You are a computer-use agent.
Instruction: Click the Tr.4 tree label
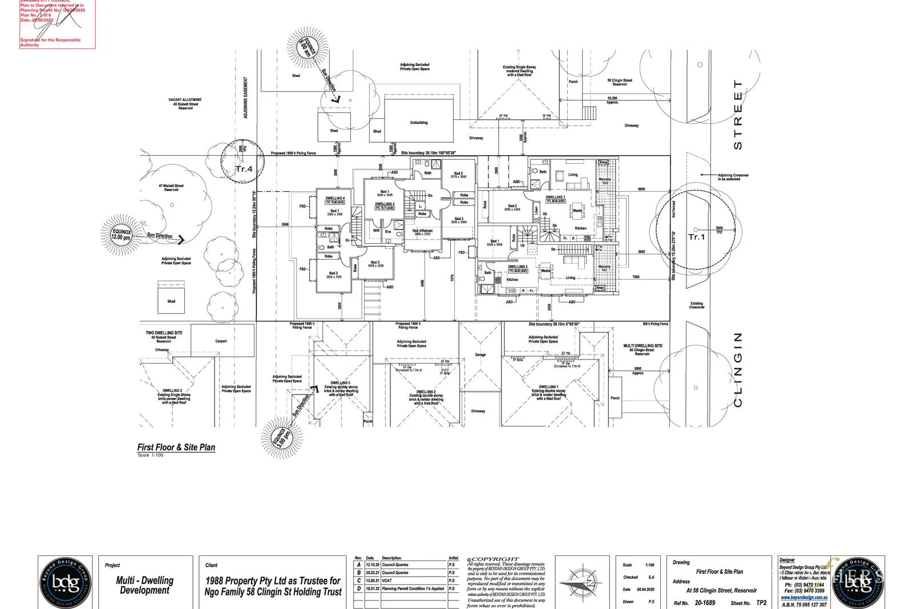pyautogui.click(x=244, y=169)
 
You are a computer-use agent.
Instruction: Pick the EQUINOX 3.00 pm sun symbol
pyautogui.click(x=281, y=438)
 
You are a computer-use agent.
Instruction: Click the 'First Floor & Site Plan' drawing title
pyautogui.click(x=176, y=447)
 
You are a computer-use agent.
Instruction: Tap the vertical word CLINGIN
pyautogui.click(x=737, y=369)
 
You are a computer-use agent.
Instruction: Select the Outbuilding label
pyautogui.click(x=418, y=123)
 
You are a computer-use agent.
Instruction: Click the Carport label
pyautogui.click(x=221, y=341)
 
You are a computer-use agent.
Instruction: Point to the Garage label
pyautogui.click(x=480, y=354)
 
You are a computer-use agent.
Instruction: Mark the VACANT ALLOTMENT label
pyautogui.click(x=185, y=100)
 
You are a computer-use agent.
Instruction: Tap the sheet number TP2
pyautogui.click(x=761, y=603)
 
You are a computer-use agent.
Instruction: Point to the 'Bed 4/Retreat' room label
pyautogui.click(x=422, y=231)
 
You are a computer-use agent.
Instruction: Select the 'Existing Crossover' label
pyautogui.click(x=697, y=305)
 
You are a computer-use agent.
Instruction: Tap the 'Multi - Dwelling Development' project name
pyautogui.click(x=145, y=585)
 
